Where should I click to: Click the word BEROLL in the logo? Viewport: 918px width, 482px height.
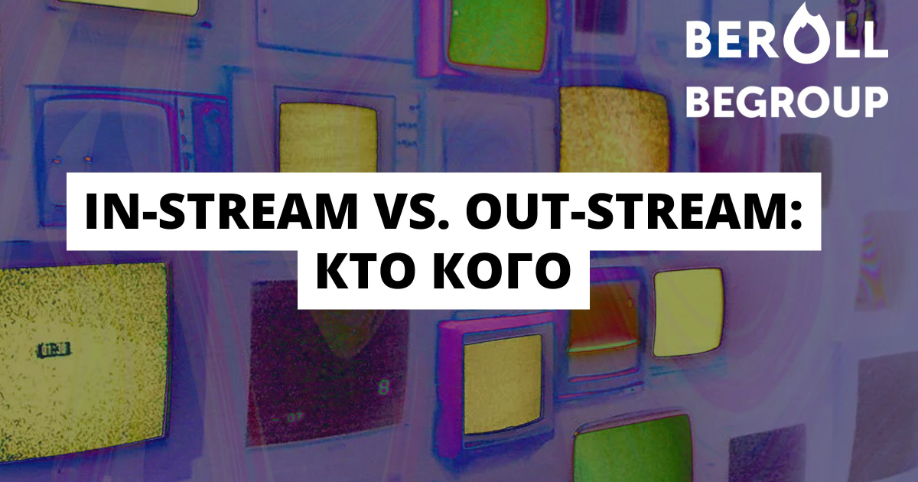click(786, 40)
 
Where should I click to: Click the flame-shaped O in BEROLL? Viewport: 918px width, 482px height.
click(805, 36)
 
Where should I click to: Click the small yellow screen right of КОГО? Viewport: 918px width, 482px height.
click(688, 311)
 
